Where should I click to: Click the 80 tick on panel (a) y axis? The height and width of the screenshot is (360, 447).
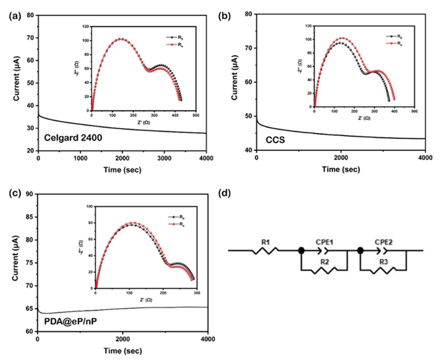(x=30, y=16)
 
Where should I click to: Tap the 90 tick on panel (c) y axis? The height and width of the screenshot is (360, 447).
(x=30, y=194)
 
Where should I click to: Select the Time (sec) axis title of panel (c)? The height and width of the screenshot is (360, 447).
(x=122, y=351)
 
